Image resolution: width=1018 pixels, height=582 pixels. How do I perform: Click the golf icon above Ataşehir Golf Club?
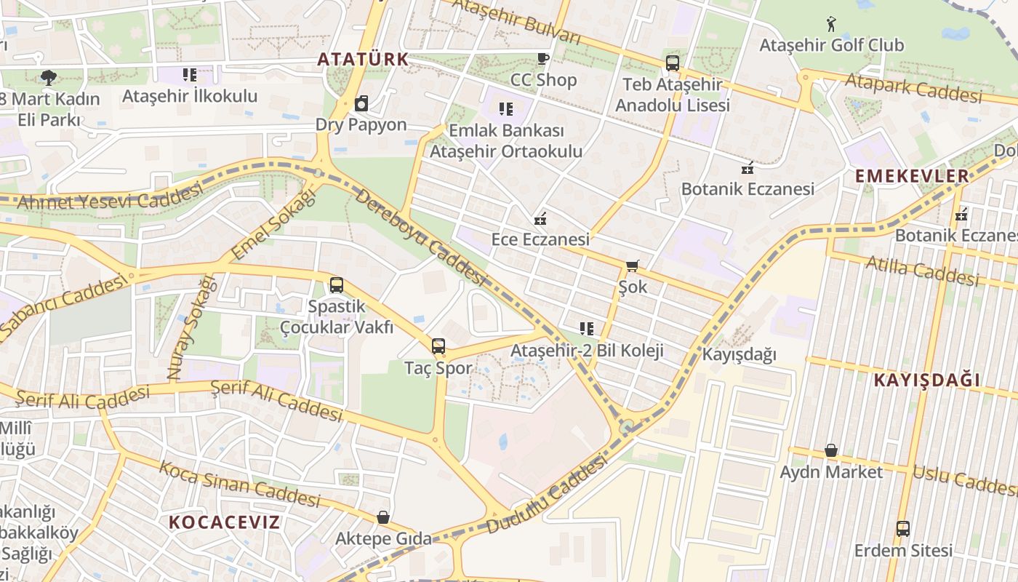click(831, 24)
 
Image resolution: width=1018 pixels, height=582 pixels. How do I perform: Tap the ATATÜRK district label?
click(364, 59)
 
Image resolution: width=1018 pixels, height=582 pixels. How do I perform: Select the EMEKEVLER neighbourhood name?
click(912, 175)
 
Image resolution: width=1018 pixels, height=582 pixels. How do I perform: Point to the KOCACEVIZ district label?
click(224, 522)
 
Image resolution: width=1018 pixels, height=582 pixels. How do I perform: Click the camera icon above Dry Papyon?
click(361, 103)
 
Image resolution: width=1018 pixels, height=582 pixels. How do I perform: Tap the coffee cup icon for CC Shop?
click(542, 59)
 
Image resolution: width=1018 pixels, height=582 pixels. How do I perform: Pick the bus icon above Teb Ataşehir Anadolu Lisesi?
click(673, 63)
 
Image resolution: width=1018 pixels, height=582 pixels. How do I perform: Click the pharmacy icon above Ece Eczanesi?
click(540, 218)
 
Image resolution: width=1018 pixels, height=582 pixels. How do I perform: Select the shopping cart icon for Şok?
click(633, 266)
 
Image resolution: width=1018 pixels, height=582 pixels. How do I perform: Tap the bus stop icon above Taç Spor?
click(438, 346)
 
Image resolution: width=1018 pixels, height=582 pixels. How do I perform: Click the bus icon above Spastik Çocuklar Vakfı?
click(336, 285)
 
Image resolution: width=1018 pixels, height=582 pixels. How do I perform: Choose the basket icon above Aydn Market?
click(831, 451)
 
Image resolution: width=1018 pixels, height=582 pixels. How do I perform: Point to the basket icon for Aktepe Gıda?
click(383, 517)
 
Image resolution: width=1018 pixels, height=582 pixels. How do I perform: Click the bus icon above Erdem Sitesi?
click(903, 529)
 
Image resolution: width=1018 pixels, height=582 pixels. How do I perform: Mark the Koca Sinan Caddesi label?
click(240, 484)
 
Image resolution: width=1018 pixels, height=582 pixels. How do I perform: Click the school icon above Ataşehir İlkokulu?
click(190, 74)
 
